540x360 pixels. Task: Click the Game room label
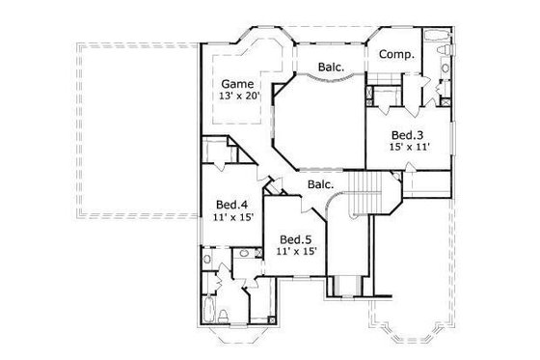[x=237, y=83]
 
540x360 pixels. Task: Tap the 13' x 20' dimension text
[x=237, y=97]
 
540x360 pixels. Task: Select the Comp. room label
[x=395, y=55]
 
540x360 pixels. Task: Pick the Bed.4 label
[x=232, y=205]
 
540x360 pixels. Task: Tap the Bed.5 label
[x=296, y=238]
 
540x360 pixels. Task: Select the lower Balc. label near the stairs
[x=321, y=184]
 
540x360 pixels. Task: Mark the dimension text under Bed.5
[x=296, y=252]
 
